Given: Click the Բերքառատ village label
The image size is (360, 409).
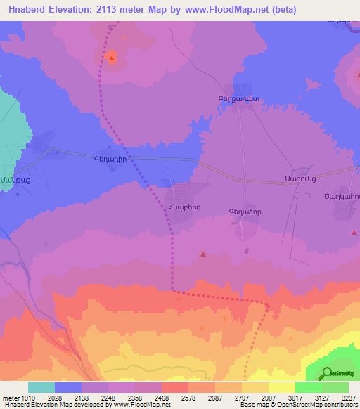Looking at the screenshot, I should tap(229, 100).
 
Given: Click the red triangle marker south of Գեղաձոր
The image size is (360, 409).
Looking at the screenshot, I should tap(203, 254).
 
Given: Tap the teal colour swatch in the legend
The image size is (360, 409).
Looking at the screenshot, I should tap(41, 387).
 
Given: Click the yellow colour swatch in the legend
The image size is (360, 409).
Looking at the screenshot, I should tap(281, 387).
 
